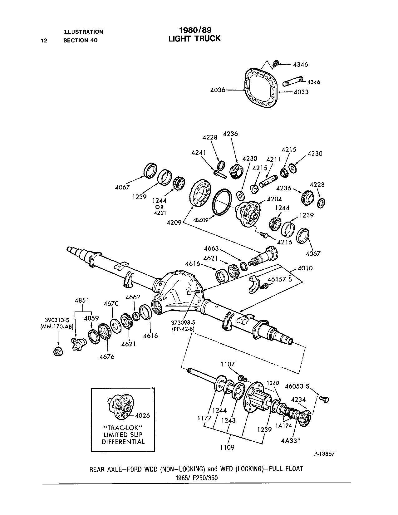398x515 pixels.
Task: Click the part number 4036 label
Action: coord(218,90)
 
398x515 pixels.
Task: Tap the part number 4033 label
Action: coord(301,92)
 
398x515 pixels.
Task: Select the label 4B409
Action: coord(200,220)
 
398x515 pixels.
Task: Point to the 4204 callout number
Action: coord(274,199)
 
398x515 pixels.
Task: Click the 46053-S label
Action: coord(297,386)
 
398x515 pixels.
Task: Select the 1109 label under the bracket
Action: coord(227,447)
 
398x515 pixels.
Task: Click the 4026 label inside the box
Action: coord(142,415)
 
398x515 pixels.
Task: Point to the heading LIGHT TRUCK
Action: coord(194,38)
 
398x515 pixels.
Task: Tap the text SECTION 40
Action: coord(80,40)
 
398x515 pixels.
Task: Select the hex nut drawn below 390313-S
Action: coord(58,351)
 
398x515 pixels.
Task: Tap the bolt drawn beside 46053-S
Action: coord(324,399)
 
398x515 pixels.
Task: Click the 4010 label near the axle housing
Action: coord(305,268)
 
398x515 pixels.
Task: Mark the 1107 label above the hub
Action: coord(228,364)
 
